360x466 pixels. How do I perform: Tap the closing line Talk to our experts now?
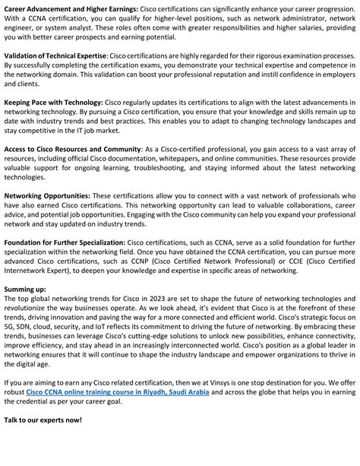43,442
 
